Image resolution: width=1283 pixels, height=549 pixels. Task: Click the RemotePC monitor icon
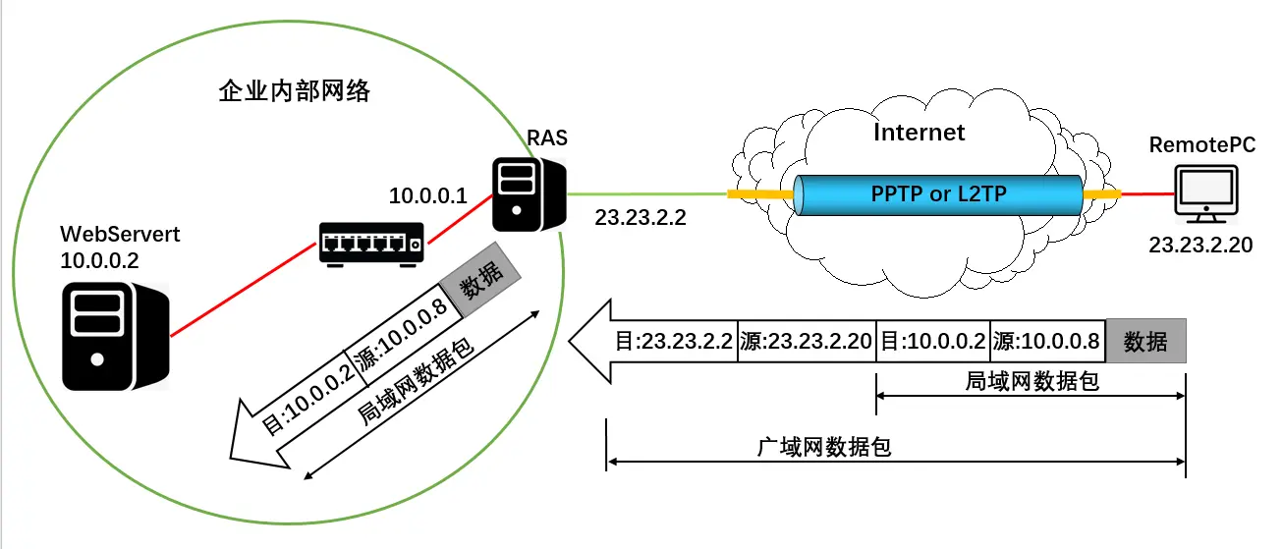(1205, 193)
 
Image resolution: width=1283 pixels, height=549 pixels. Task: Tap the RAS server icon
(530, 194)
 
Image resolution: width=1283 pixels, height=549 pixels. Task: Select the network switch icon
(371, 245)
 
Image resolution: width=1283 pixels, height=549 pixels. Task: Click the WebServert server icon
(116, 336)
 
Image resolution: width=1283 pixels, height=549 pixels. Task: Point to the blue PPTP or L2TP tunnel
(938, 194)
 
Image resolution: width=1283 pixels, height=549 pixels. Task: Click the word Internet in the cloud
(919, 133)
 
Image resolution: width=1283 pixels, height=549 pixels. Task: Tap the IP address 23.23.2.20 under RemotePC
(1200, 245)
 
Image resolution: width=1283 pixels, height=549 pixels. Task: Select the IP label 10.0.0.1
(428, 195)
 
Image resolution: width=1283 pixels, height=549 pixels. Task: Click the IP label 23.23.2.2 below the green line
(641, 218)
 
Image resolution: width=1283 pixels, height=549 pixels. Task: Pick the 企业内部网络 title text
(295, 91)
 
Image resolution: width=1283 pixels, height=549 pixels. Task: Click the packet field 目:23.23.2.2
(674, 341)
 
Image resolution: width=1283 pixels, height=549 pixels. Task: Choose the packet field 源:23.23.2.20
(807, 341)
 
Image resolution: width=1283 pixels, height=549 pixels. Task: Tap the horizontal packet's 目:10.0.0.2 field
(933, 341)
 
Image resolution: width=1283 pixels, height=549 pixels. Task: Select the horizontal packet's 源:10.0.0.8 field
(1047, 341)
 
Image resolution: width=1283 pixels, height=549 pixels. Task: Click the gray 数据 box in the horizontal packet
(1145, 341)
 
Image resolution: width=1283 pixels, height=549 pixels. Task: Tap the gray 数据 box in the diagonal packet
(480, 279)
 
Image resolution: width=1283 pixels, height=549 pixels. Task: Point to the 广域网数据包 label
(823, 447)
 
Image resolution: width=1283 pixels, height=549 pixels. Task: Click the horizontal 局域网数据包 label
(1032, 381)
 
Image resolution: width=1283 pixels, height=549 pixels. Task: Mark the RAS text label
(547, 137)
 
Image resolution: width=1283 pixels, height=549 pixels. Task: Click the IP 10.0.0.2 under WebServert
(99, 261)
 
